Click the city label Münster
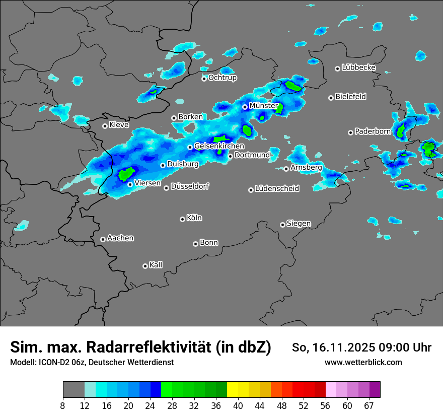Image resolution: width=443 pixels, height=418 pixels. point(264,106)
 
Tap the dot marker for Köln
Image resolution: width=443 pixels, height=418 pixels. point(182,219)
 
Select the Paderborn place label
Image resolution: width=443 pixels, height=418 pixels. point(373,131)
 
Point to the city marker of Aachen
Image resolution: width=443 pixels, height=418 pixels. point(103,239)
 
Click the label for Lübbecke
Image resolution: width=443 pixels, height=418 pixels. point(358,67)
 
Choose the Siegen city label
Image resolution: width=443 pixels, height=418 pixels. point(299,224)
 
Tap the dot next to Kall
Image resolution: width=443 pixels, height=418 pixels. point(145,266)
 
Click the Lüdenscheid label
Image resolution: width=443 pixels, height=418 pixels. point(277,189)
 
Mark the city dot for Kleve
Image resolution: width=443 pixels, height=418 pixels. point(105,126)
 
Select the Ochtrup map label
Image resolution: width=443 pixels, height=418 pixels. point(223,78)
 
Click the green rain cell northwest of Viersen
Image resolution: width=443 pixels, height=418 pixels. point(125,174)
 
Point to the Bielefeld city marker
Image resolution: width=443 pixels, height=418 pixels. point(331,98)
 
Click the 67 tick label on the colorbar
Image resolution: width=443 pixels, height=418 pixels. point(368,406)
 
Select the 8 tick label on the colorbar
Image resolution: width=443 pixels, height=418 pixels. point(63,406)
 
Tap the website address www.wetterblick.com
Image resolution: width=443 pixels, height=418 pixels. point(363,362)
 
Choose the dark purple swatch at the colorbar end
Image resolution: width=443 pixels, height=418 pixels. point(375,390)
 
